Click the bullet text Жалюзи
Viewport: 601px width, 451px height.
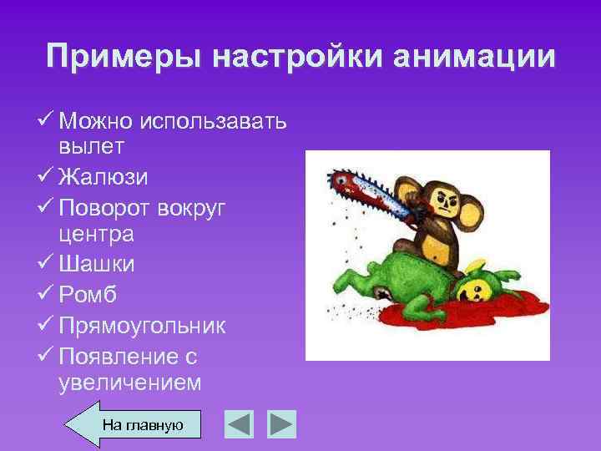pos(105,176)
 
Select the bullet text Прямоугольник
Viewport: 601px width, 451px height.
pos(142,324)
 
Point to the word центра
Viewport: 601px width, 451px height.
pos(96,235)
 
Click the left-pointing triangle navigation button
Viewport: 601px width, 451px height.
pos(240,423)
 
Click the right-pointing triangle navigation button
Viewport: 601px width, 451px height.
pos(281,423)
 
